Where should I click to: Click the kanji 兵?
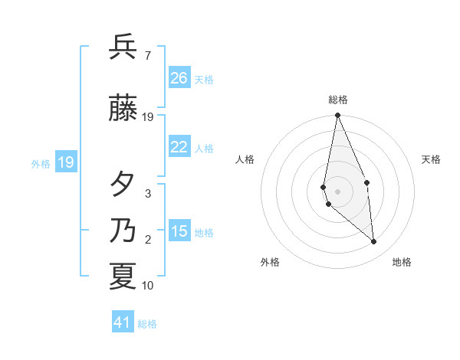click(123, 47)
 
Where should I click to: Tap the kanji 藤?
click(123, 108)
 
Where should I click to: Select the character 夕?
click(123, 185)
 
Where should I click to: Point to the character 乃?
click(123, 231)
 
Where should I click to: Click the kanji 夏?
click(123, 277)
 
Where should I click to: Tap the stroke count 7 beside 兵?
click(147, 56)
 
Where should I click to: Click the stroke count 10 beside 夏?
click(148, 286)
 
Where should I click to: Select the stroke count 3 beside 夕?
click(148, 194)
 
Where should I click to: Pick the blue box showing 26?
click(179, 77)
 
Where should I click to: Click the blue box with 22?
click(179, 146)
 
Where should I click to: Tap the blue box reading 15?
click(179, 231)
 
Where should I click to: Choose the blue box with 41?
click(123, 322)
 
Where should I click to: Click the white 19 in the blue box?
click(65, 162)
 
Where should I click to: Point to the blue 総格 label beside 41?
click(147, 324)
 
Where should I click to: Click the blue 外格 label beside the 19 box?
click(41, 163)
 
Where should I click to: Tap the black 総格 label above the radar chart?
click(338, 100)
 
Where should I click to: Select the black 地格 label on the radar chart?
click(402, 262)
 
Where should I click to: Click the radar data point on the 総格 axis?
click(337, 116)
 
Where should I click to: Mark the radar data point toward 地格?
click(374, 242)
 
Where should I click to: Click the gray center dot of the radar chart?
click(337, 191)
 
